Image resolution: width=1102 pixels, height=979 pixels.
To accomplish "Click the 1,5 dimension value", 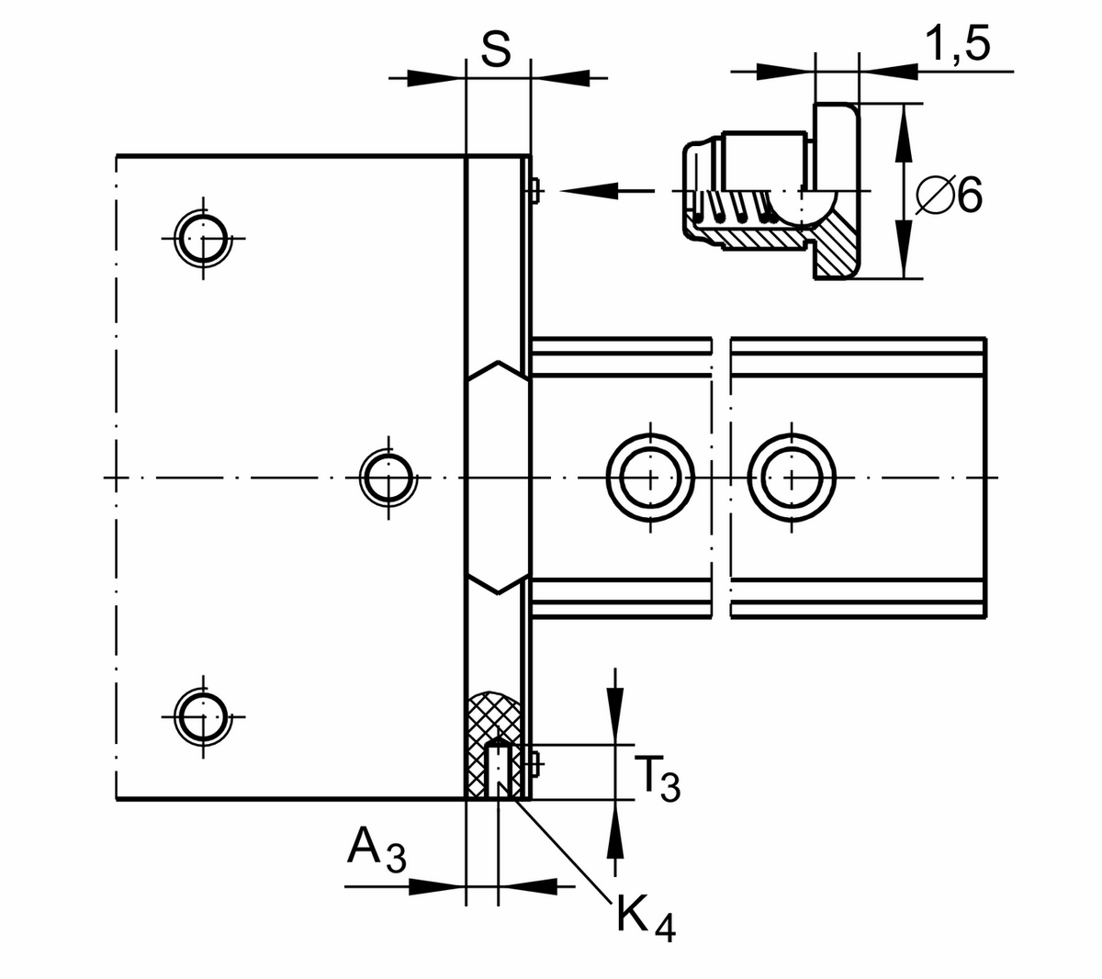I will click(958, 43).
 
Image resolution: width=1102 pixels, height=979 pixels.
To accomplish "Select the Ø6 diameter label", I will click(950, 195).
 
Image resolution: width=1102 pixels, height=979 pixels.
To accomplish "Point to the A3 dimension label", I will click(376, 850).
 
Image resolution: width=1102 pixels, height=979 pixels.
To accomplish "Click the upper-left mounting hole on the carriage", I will click(202, 238).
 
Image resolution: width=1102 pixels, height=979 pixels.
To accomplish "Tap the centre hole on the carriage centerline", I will click(388, 478).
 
